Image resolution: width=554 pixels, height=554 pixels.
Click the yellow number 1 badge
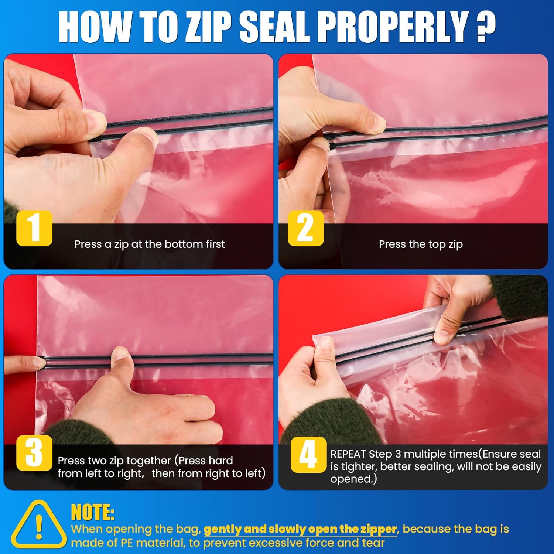(x=34, y=228)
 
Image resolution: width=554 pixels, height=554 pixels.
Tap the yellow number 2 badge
(x=306, y=228)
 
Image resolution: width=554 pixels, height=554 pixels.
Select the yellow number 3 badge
(x=34, y=453)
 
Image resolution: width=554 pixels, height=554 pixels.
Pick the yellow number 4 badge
(x=308, y=455)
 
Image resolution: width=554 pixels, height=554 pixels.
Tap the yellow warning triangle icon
(x=39, y=524)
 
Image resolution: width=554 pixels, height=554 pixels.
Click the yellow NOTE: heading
(x=93, y=512)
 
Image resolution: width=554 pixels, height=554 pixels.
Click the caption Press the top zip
(x=421, y=244)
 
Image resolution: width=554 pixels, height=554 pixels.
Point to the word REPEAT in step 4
(x=348, y=454)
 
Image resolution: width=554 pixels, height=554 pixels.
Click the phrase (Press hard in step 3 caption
(x=204, y=461)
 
